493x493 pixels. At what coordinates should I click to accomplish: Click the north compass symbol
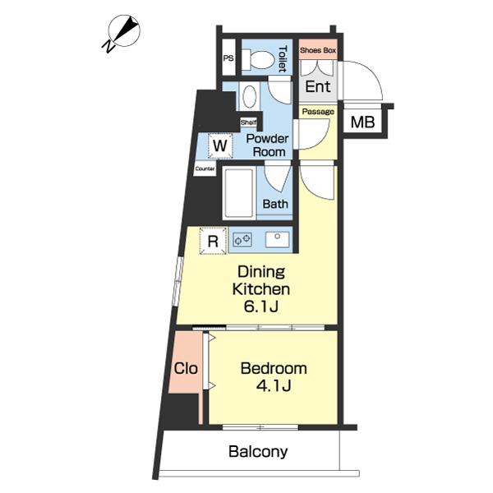point(122,33)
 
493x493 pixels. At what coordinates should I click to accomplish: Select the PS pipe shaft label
point(228,58)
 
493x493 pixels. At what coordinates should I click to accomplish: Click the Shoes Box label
point(318,50)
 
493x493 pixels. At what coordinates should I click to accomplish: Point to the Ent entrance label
point(318,86)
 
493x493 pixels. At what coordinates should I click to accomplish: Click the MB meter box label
point(362,122)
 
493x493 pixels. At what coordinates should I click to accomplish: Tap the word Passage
point(318,112)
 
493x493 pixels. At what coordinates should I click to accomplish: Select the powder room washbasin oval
point(250,96)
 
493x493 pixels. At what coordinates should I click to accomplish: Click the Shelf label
point(248,122)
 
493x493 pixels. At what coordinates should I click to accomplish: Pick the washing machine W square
point(220,146)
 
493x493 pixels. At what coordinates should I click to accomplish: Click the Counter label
point(205,168)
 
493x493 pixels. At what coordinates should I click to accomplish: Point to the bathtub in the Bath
point(239,193)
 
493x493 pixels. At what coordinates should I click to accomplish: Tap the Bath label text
point(275,204)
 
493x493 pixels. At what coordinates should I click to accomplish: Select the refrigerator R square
point(213,241)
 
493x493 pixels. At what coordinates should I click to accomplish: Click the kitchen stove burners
point(242,240)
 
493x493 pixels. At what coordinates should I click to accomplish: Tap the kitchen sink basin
point(277,240)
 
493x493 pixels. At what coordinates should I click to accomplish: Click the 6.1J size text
point(261,306)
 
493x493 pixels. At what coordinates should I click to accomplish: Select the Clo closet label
point(186,368)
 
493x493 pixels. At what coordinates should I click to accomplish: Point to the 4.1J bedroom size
point(274,385)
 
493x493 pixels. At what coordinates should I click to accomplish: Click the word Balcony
point(258,452)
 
